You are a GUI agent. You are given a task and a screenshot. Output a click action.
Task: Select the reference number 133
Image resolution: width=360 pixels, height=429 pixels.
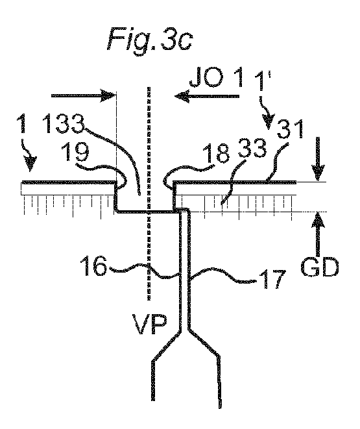(x=64, y=124)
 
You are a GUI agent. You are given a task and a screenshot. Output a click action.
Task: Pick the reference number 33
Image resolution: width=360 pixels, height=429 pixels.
(x=252, y=148)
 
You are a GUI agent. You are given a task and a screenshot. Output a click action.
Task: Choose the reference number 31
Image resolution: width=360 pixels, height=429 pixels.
(x=291, y=129)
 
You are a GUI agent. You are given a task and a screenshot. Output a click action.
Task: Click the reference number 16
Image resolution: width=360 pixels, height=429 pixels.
(x=93, y=265)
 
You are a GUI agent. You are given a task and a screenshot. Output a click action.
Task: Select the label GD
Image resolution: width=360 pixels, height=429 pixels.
(x=319, y=267)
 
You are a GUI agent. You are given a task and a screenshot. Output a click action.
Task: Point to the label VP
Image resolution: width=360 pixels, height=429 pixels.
(x=150, y=325)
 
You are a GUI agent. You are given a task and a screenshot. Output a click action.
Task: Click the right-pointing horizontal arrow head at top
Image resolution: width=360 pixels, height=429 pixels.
(x=108, y=96)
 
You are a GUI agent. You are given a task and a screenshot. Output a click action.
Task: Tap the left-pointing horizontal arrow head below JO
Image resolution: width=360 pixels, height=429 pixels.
(x=182, y=96)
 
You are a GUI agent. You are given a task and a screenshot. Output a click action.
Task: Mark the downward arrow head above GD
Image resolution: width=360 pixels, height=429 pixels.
(x=317, y=172)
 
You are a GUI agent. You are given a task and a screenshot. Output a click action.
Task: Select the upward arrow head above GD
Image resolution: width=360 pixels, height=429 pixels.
(x=318, y=221)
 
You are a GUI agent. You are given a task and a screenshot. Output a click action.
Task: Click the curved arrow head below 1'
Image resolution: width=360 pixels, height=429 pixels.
(x=269, y=121)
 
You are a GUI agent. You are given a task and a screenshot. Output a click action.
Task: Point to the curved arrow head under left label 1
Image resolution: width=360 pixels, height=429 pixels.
(x=30, y=163)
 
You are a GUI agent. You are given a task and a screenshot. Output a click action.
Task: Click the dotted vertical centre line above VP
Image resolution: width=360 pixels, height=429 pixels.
(x=149, y=193)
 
